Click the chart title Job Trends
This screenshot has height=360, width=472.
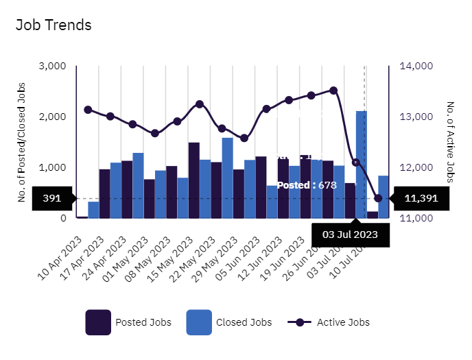click(54, 25)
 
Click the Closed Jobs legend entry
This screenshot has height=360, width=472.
click(229, 322)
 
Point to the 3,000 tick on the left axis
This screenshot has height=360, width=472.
click(52, 66)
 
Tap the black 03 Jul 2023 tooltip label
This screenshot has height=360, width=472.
click(351, 235)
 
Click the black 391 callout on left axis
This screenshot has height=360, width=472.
click(52, 199)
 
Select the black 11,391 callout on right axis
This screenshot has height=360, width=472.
click(421, 199)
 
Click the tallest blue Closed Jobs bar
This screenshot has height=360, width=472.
click(361, 165)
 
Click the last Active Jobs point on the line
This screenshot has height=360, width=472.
click(378, 198)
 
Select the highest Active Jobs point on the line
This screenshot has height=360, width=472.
click(333, 90)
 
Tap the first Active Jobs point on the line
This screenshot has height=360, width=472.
click(88, 110)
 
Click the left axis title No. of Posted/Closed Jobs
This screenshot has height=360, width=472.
click(22, 142)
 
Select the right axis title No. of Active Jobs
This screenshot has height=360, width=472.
click(451, 142)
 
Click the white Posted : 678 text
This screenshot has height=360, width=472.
click(307, 185)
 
